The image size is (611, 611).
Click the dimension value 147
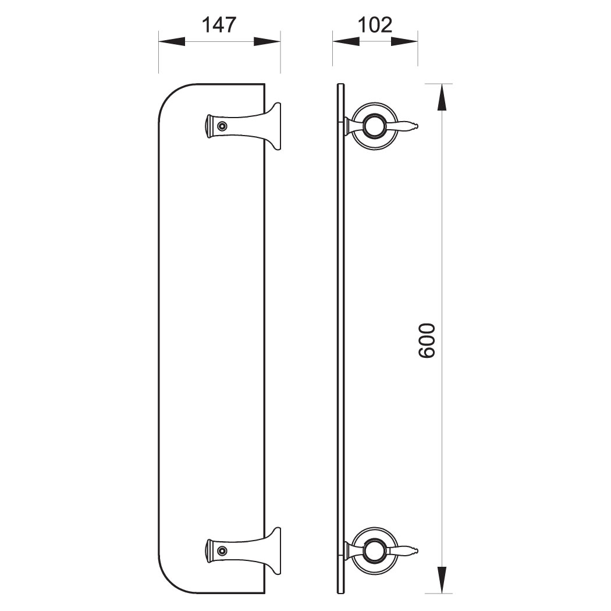pyautogui.click(x=219, y=25)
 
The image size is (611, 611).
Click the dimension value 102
pyautogui.click(x=375, y=25)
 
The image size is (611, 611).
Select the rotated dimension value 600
pyautogui.click(x=426, y=340)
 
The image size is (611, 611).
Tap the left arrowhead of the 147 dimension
pyautogui.click(x=172, y=41)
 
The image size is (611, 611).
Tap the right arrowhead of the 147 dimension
pyautogui.click(x=267, y=41)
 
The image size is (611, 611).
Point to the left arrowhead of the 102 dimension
pyautogui.click(x=346, y=41)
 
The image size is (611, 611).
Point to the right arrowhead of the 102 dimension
pyautogui.click(x=404, y=41)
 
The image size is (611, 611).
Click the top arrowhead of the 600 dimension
pyautogui.click(x=442, y=97)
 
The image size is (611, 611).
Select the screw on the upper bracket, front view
pyautogui.click(x=222, y=126)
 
